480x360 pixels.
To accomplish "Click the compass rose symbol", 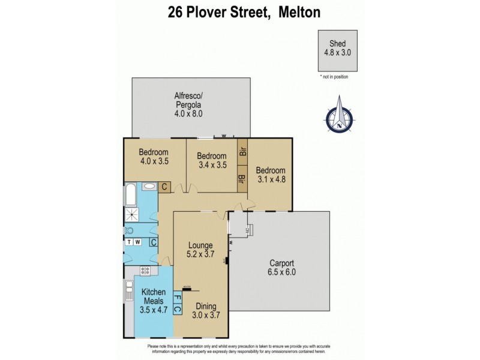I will pos(340,116).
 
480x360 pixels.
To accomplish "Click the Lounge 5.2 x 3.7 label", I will pos(200,249).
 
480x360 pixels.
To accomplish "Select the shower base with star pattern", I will pos(130,214).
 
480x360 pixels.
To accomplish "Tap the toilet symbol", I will pos(129,230).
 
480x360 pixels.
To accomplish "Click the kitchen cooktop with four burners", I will pos(145,271).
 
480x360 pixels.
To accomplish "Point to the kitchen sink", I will pos(128,293).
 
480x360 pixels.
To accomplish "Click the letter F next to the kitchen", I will pos(176,298).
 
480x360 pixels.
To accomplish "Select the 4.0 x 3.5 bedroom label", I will pos(154,156).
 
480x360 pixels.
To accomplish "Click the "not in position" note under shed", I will pos(334,77).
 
